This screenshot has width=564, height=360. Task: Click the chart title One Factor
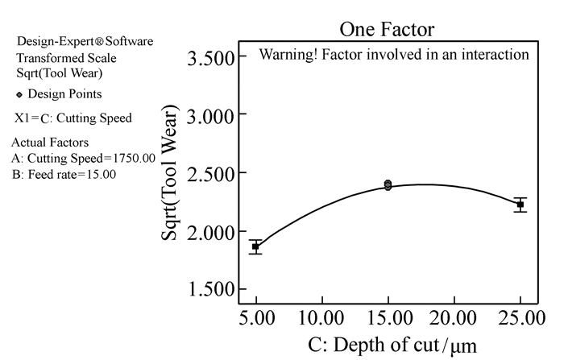coord(387,30)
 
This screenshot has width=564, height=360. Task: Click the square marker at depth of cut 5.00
coord(256,246)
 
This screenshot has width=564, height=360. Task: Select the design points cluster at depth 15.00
coord(388,185)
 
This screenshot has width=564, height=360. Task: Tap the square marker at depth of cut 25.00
coord(520,205)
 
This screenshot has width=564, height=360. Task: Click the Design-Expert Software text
coord(85,40)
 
